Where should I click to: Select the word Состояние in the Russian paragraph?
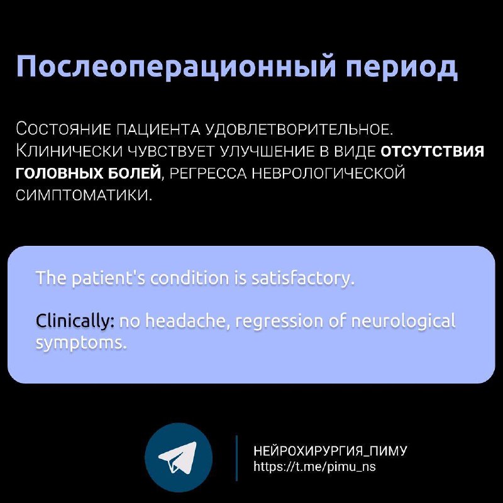pos(64,130)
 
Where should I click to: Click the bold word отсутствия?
pos(432,152)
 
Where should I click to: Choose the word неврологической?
pos(328,174)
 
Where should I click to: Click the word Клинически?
pos(69,151)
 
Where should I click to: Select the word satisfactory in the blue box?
pos(302,279)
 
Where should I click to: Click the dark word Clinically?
pos(75,321)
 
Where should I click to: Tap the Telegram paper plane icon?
pos(178,457)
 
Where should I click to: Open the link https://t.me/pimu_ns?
pos(314,466)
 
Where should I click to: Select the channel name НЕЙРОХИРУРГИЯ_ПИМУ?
pos(330,451)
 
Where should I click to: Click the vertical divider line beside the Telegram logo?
pos(237,458)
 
